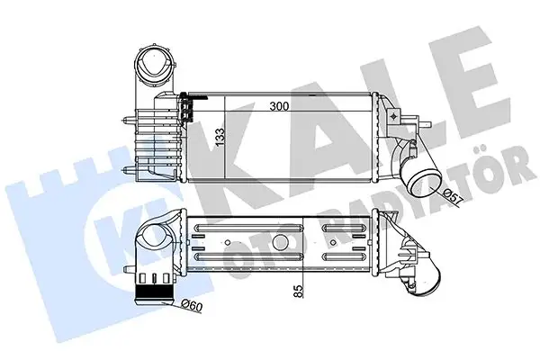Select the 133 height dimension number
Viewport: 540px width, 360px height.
(219, 138)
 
